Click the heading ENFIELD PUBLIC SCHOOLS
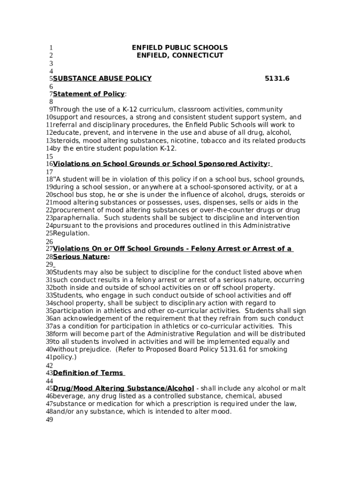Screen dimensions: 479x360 (x=180, y=48)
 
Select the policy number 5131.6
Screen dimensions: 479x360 (x=277, y=79)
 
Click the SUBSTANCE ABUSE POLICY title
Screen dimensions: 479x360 (x=102, y=79)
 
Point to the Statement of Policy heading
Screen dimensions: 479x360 (x=89, y=94)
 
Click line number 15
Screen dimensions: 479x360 (x=49, y=157)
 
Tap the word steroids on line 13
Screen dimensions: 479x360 (x=66, y=141)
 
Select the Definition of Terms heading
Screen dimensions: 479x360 (x=88, y=373)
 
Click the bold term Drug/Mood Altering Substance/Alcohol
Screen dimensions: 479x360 (x=123, y=389)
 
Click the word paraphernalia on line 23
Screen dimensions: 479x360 (x=76, y=218)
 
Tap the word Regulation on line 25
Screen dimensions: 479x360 (x=71, y=233)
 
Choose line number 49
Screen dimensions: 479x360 (x=49, y=420)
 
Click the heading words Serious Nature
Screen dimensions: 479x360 (x=80, y=257)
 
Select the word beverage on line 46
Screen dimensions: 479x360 (x=68, y=396)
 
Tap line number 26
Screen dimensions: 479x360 (x=49, y=242)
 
